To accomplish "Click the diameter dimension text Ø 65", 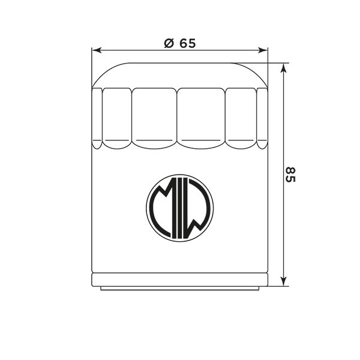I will pyautogui.click(x=179, y=43).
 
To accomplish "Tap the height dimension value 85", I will pyautogui.click(x=290, y=175).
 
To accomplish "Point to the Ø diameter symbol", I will pyautogui.click(x=168, y=43).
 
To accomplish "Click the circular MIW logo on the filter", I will pyautogui.click(x=179, y=208).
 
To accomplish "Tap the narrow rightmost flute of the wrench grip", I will pyautogui.click(x=262, y=117).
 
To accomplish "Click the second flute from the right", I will pyautogui.click(x=242, y=117).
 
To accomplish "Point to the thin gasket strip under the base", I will pyautogui.click(x=179, y=289).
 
